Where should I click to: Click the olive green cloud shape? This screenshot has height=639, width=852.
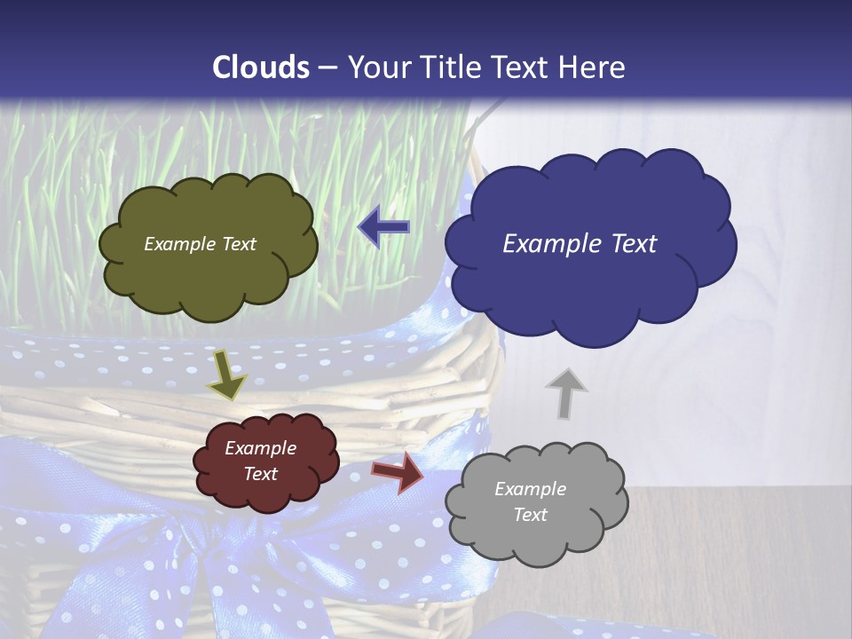[208, 275]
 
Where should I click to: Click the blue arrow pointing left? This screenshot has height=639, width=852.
[384, 227]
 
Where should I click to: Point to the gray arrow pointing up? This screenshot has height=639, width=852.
[565, 392]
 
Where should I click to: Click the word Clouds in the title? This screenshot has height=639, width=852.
[262, 67]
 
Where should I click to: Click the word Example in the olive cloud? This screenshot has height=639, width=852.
[180, 244]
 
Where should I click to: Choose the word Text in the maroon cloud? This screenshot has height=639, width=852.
[261, 474]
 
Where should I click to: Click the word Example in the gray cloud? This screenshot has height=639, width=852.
[530, 489]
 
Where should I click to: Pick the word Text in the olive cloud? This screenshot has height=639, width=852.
[239, 244]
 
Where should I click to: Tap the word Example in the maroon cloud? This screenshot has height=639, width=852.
[261, 448]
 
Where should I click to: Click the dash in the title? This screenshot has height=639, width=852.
[327, 68]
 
